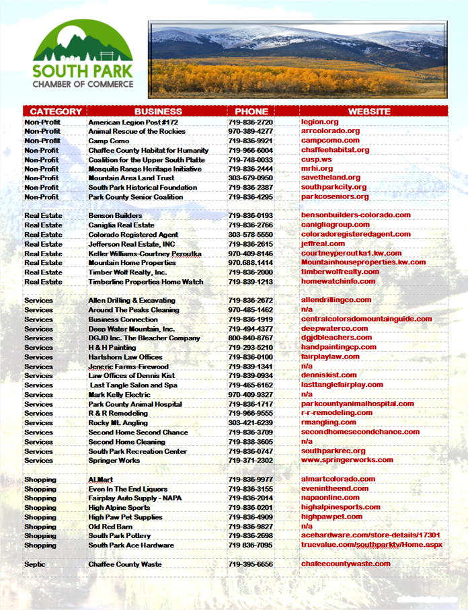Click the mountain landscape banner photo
(x=297, y=59)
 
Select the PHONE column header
(x=251, y=112)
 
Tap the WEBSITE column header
(x=368, y=112)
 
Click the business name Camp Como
(x=109, y=141)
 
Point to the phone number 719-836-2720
(x=250, y=122)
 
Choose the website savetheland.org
(x=331, y=178)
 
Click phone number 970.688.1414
(x=250, y=263)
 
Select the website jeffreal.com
(x=323, y=243)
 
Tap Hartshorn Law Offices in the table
(x=125, y=357)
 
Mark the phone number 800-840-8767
(x=250, y=338)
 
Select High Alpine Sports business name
(x=119, y=508)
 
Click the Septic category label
(x=35, y=564)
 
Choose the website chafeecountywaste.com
(x=346, y=564)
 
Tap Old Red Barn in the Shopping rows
(x=110, y=527)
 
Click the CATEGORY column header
(x=56, y=112)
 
